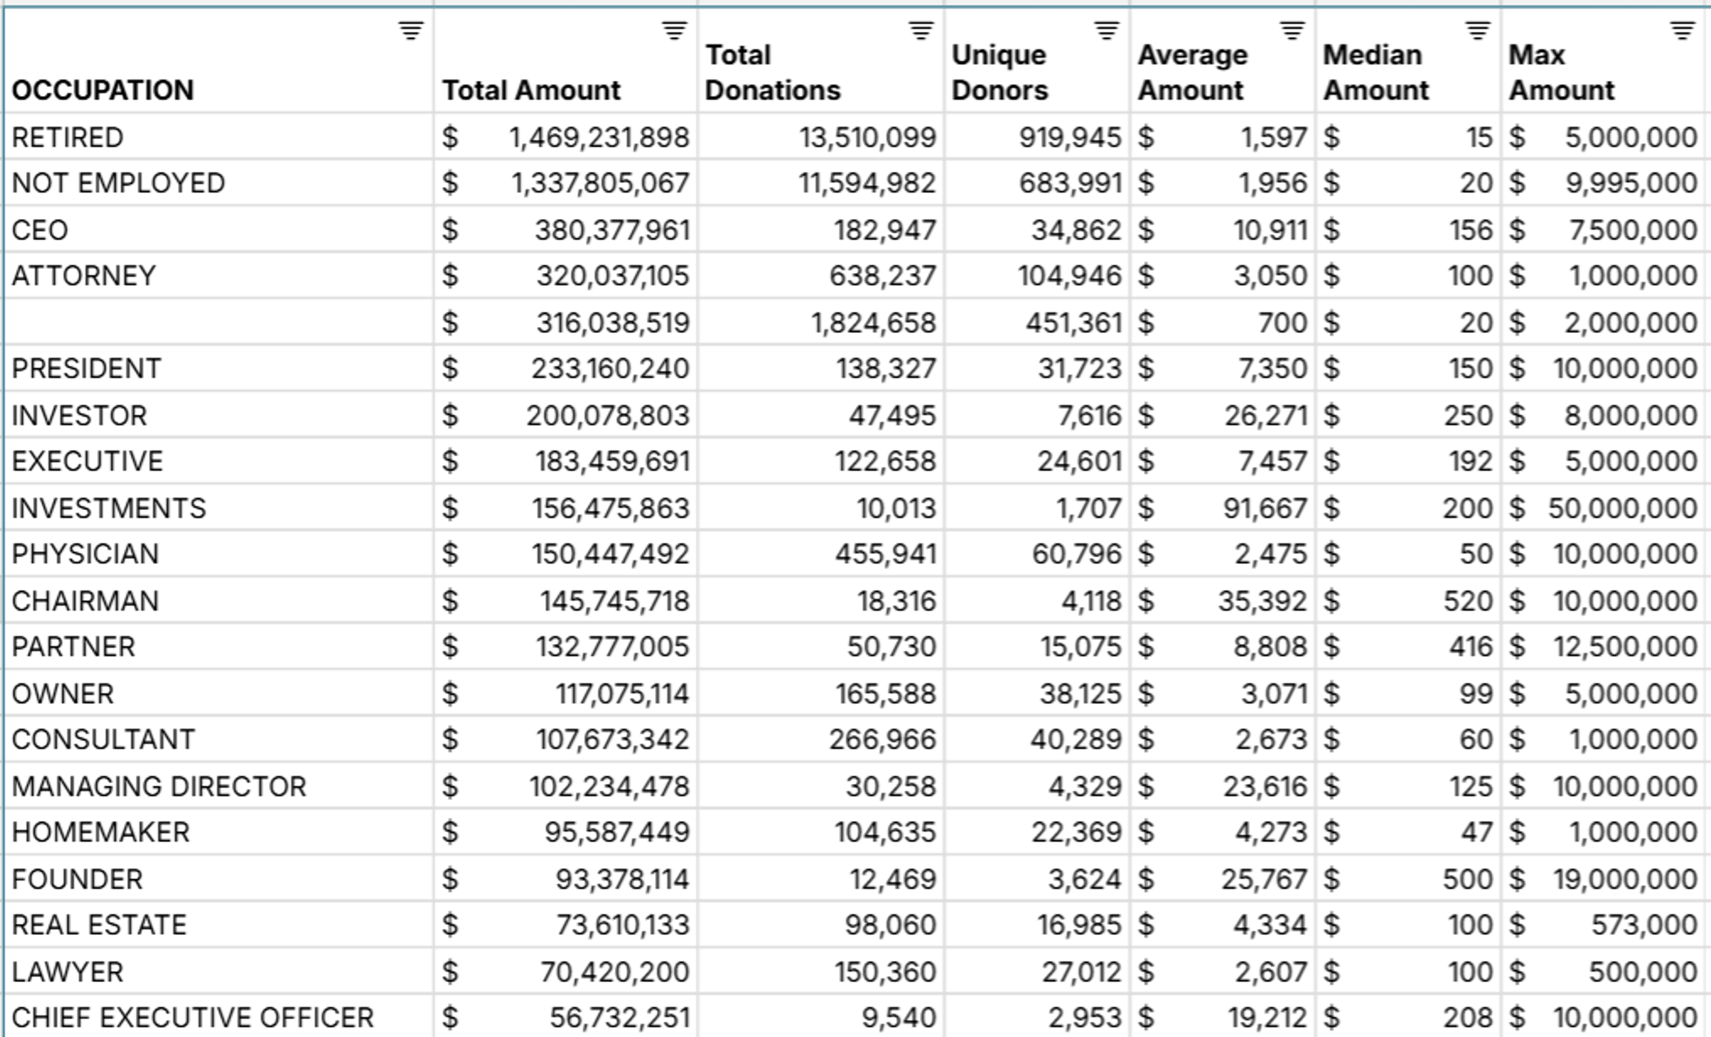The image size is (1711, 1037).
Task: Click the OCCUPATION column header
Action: click(x=103, y=90)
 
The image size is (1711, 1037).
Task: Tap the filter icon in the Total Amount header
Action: click(x=673, y=31)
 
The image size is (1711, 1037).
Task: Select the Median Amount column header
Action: click(x=1376, y=72)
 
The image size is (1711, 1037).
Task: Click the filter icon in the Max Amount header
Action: click(x=1682, y=31)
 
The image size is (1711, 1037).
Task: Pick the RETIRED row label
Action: click(x=67, y=137)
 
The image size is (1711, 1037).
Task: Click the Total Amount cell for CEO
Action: click(x=612, y=230)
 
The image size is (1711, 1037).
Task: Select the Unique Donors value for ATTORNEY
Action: click(x=1069, y=276)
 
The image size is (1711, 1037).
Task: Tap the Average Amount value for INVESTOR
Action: click(x=1265, y=416)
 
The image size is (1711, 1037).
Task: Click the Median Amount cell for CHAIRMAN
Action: click(x=1467, y=601)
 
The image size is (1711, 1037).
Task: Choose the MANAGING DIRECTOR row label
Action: click(x=159, y=786)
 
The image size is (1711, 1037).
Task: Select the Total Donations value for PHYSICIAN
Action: click(x=885, y=554)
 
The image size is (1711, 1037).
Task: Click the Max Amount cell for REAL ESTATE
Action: click(x=1644, y=925)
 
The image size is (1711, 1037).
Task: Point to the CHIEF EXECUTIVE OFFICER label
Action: click(x=192, y=1017)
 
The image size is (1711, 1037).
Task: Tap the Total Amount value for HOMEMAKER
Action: click(x=616, y=832)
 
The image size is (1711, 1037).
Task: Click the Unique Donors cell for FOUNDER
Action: click(x=1084, y=879)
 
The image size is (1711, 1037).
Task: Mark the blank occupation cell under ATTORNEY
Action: click(x=219, y=322)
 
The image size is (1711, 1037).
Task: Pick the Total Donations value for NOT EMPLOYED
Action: click(x=866, y=183)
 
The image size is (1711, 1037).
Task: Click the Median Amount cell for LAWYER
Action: click(x=1470, y=972)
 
